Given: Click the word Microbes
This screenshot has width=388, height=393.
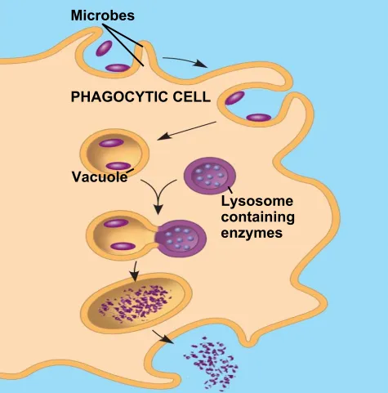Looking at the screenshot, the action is click(103, 16).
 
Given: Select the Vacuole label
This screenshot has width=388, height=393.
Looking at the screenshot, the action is click(100, 177).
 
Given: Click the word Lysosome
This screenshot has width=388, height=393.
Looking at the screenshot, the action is click(257, 202).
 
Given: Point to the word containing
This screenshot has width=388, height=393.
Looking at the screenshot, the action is click(257, 217).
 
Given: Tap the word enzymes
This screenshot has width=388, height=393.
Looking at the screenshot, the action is click(252, 233).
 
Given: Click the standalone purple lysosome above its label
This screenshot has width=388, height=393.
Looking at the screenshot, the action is click(210, 176).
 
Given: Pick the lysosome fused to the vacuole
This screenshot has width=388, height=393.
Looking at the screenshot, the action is click(181, 239).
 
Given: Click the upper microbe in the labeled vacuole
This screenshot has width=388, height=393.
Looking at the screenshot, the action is click(111, 143).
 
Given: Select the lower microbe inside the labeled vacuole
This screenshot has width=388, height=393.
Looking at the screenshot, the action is click(118, 166).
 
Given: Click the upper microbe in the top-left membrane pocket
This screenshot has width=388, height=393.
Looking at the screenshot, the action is click(104, 48).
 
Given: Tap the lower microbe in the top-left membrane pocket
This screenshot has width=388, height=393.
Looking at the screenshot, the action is click(118, 68).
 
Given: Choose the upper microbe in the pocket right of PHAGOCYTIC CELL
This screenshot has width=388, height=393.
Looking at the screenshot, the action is click(234, 98).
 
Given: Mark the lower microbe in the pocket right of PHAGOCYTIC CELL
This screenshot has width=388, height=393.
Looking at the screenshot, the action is click(259, 118).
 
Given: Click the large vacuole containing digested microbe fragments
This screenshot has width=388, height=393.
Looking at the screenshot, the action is click(136, 303).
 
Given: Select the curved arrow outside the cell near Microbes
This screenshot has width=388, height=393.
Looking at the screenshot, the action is click(185, 61).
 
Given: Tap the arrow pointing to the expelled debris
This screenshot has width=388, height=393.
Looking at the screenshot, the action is click(163, 337).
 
